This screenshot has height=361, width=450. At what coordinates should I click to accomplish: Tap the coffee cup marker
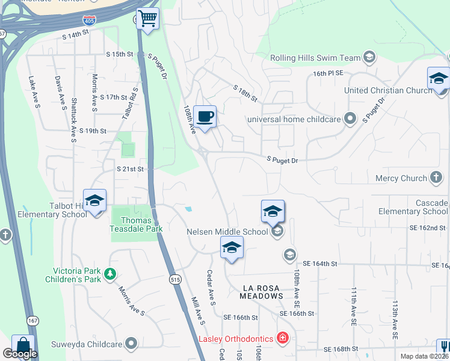205,116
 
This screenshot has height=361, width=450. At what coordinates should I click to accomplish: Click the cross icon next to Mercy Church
437,178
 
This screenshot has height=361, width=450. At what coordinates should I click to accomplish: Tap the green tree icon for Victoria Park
109,274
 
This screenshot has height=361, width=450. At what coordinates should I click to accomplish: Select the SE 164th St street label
320,264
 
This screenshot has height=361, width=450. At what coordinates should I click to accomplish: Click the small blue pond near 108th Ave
190,209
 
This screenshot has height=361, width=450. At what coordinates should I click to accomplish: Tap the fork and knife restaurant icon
444,347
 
